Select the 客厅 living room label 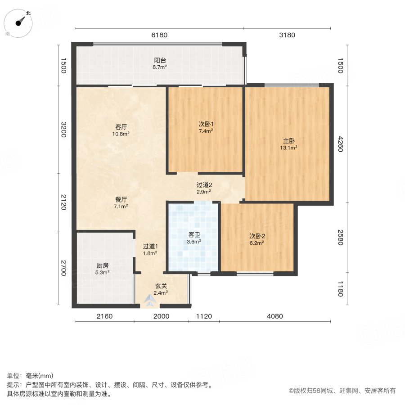[121, 127]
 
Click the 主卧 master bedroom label [289, 140]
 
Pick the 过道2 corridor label [204, 184]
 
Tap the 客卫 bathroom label [194, 234]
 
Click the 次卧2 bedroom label [257, 235]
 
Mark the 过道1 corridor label [150, 246]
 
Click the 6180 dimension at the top [159, 35]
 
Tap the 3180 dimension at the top [287, 35]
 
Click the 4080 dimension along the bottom [274, 316]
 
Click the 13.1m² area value [289, 147]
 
